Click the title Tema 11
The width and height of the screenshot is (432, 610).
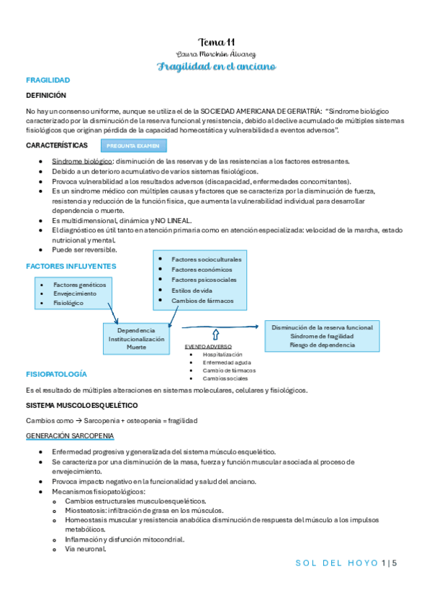(x=216, y=42)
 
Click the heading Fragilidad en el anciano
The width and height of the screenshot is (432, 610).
(x=216, y=66)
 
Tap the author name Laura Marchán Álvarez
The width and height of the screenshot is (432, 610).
(x=216, y=54)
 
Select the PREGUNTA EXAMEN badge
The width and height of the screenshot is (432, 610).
(x=134, y=146)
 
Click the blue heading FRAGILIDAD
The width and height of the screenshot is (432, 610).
(x=48, y=81)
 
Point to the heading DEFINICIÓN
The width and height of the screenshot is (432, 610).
(x=46, y=95)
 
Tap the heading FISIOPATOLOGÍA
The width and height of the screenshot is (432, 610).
(x=56, y=375)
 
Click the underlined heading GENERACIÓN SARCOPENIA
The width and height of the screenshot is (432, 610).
(x=70, y=436)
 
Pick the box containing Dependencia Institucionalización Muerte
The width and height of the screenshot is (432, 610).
(x=136, y=338)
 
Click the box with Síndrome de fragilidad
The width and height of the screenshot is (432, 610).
(x=322, y=336)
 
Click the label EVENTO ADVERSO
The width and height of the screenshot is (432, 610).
(x=209, y=347)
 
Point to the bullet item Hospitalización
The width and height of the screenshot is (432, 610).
(x=222, y=355)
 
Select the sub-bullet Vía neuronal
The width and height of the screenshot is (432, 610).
(x=85, y=550)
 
